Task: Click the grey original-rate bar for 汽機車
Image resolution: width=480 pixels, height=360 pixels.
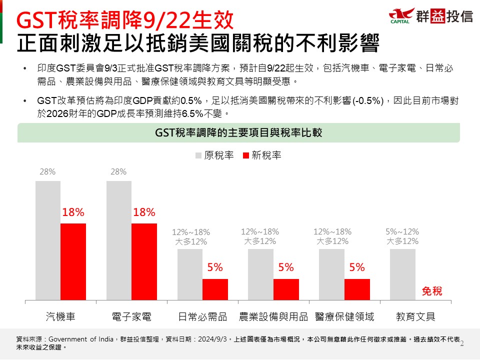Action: pyautogui.click(x=48, y=240)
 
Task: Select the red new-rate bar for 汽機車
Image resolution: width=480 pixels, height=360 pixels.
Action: pyautogui.click(x=73, y=261)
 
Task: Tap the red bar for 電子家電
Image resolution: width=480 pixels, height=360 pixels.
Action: pyautogui.click(x=144, y=261)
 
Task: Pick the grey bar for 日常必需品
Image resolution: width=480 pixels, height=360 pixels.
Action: pyautogui.click(x=190, y=274)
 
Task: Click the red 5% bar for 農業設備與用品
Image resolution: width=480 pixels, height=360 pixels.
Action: pyautogui.click(x=286, y=289)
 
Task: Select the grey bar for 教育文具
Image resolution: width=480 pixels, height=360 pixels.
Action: pyautogui.click(x=402, y=274)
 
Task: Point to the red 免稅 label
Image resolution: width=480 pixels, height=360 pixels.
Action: pyautogui.click(x=432, y=291)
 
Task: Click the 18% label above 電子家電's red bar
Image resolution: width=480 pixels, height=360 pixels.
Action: pyautogui.click(x=144, y=212)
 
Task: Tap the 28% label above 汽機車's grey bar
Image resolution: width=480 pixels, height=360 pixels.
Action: pyautogui.click(x=47, y=172)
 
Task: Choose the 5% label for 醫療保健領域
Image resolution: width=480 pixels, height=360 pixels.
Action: pyautogui.click(x=357, y=267)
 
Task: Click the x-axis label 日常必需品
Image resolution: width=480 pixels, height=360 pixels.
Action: pyautogui.click(x=202, y=316)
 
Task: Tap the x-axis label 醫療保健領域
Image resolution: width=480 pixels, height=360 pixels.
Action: pyautogui.click(x=344, y=316)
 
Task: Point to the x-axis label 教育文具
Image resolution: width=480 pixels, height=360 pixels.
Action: pyautogui.click(x=415, y=316)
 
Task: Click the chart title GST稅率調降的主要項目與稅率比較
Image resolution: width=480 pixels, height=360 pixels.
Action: pyautogui.click(x=239, y=132)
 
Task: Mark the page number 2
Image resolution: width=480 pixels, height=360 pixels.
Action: pyautogui.click(x=461, y=343)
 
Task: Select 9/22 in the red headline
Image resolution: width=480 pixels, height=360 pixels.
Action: pyautogui.click(x=160, y=20)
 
